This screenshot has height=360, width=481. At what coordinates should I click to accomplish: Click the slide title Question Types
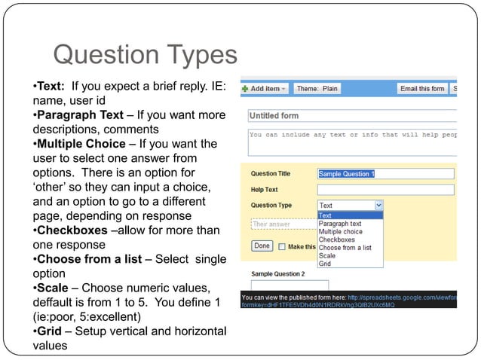[x=144, y=55]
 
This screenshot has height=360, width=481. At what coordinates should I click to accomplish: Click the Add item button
[x=265, y=89]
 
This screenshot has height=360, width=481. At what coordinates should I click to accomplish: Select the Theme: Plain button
[x=317, y=89]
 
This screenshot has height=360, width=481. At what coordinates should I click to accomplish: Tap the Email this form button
[x=422, y=89]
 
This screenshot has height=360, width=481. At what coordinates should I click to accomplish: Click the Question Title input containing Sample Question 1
[x=385, y=173]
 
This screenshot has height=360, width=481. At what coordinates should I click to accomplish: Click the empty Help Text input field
[x=385, y=189]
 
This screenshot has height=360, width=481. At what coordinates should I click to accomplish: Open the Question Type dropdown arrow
[x=378, y=205]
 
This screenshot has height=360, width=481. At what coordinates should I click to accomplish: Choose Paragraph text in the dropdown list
[x=340, y=224]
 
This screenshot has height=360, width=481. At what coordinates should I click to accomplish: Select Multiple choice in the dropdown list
[x=341, y=232]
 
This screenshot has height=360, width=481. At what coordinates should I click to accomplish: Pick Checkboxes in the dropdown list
[x=337, y=239]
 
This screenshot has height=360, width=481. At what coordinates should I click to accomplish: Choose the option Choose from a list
[x=345, y=248]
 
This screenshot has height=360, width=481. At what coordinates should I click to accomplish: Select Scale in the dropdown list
[x=327, y=256]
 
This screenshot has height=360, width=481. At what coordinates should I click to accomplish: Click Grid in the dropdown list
[x=325, y=264]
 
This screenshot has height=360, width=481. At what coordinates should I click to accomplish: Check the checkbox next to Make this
[x=282, y=246]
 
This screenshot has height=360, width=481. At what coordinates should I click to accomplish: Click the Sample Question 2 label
[x=277, y=273]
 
